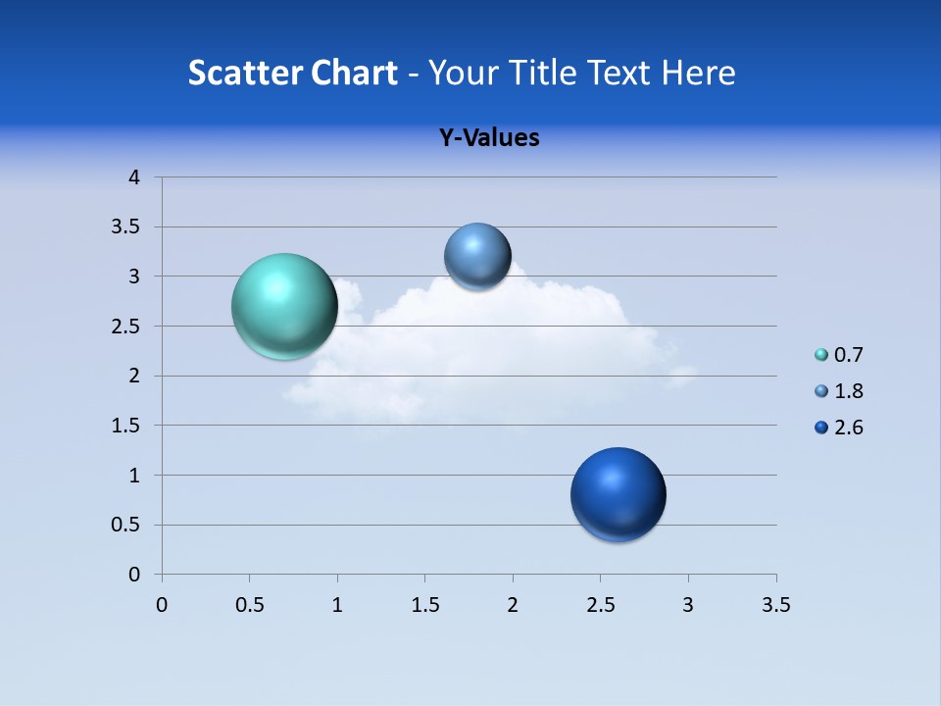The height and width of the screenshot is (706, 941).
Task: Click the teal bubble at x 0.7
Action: [285, 306]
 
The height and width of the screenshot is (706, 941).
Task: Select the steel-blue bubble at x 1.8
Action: [477, 256]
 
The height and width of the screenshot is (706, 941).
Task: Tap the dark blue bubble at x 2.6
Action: [618, 494]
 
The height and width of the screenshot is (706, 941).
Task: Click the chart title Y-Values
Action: [489, 137]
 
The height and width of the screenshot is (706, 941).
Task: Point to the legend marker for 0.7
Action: [821, 355]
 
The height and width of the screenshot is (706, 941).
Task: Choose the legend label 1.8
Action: [849, 391]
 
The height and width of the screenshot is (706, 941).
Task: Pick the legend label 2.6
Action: [849, 428]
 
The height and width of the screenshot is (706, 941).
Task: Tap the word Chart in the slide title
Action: [354, 73]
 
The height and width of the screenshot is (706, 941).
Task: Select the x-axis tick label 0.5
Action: [249, 606]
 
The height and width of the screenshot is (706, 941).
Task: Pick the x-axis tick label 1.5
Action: [424, 606]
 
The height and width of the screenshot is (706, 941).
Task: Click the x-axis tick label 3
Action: [688, 606]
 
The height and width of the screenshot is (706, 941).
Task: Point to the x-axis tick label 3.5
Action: [775, 606]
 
